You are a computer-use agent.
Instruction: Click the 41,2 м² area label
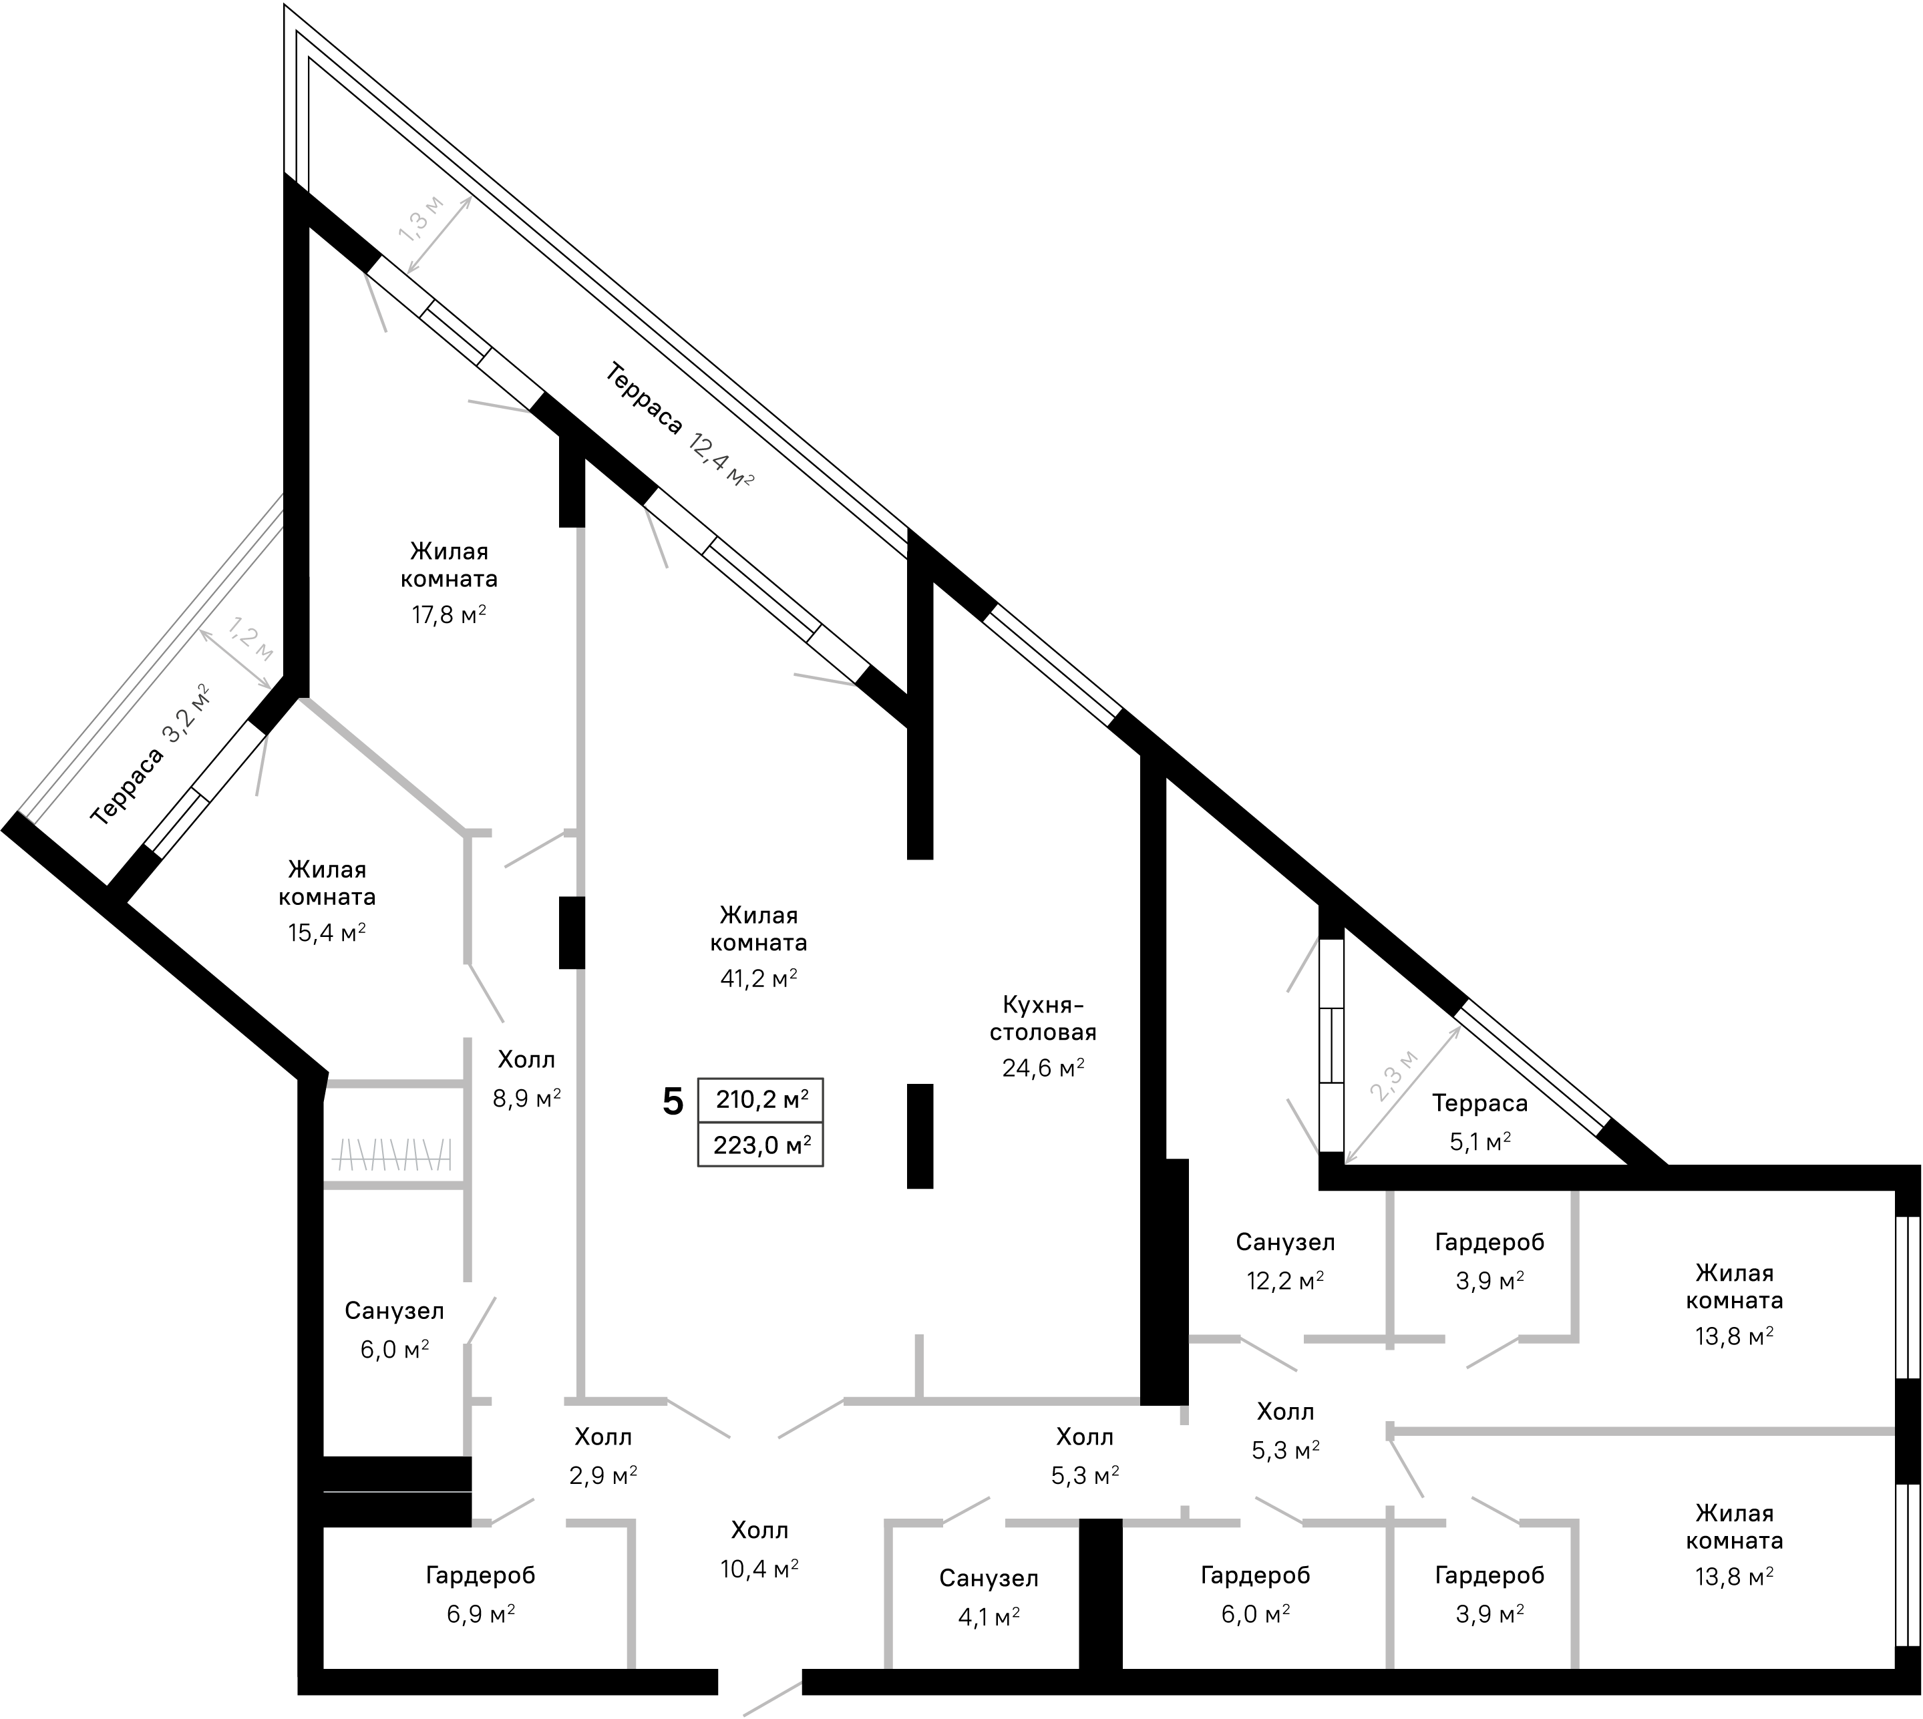tap(758, 978)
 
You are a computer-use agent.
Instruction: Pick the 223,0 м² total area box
tap(760, 1145)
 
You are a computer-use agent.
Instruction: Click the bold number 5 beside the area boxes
tap(673, 1101)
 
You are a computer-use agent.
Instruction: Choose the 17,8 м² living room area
tap(449, 615)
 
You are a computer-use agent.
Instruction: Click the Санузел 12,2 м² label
tap(1286, 1261)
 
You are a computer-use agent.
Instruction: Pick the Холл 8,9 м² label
tap(527, 1078)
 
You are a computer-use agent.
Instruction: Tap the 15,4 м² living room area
tap(327, 933)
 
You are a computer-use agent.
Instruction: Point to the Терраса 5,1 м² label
tap(1480, 1122)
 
